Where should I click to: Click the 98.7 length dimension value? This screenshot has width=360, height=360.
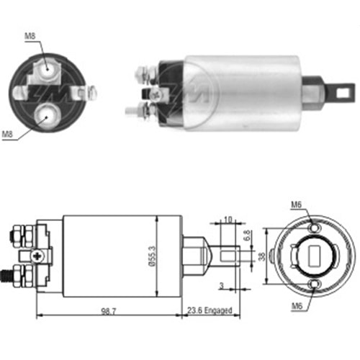tap(109, 311)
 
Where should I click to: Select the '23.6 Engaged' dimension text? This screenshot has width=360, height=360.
tap(210, 310)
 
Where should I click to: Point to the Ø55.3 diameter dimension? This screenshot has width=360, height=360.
tap(152, 256)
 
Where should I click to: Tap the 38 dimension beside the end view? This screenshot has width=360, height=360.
tap(263, 256)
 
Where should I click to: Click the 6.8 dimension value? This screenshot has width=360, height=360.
tap(247, 235)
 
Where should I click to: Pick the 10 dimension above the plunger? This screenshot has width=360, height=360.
tap(228, 220)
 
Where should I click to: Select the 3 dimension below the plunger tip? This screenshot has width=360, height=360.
tap(222, 285)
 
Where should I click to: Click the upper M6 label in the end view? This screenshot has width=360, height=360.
tap(296, 204)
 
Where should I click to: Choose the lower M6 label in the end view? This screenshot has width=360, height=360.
tap(297, 306)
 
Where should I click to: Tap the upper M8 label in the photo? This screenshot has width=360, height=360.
tap(30, 36)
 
